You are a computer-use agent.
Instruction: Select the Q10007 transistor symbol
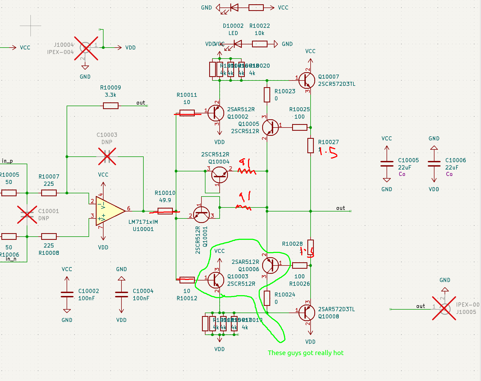click(x=307, y=80)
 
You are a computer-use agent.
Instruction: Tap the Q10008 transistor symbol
click(x=307, y=313)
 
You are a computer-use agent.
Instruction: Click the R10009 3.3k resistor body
click(x=110, y=106)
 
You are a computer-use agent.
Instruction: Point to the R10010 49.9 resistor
click(x=165, y=211)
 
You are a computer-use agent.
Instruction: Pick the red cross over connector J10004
click(x=86, y=48)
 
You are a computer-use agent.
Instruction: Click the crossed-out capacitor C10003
click(x=107, y=156)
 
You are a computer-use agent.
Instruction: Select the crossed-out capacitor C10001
click(x=27, y=214)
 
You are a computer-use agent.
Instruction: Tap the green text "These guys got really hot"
click(x=306, y=353)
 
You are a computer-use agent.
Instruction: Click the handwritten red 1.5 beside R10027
click(x=329, y=152)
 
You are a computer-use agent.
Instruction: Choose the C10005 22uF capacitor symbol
click(x=387, y=164)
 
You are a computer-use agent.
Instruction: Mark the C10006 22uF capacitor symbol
click(x=434, y=164)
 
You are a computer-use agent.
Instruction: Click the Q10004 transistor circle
click(x=219, y=175)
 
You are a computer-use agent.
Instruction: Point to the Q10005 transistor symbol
click(x=270, y=128)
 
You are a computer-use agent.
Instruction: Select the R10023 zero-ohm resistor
click(x=267, y=95)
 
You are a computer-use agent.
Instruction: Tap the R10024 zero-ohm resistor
click(x=267, y=298)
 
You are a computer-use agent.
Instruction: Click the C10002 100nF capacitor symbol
click(x=67, y=294)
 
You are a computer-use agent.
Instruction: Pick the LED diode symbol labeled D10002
click(x=237, y=44)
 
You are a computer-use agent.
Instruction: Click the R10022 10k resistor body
click(x=259, y=44)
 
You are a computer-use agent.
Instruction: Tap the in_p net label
click(x=7, y=161)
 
